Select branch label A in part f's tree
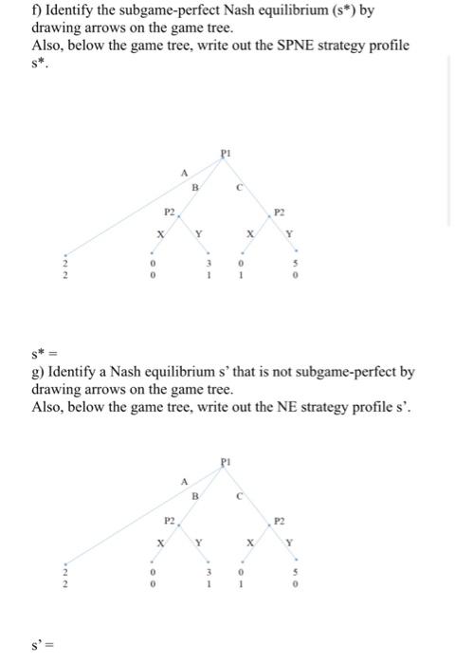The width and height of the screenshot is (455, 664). pos(184,173)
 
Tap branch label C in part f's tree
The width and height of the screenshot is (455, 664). pos(240,187)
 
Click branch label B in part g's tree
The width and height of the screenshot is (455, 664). pos(195,493)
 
